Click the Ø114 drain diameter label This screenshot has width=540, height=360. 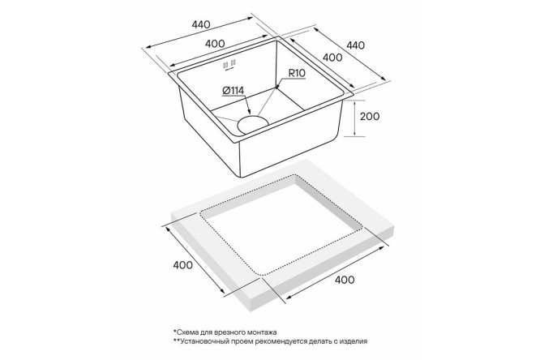click(233, 91)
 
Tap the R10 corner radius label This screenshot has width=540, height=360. click(297, 73)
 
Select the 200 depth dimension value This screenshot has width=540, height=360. click(370, 117)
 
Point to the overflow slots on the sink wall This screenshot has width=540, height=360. click(229, 64)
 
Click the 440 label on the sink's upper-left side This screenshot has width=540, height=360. click(200, 25)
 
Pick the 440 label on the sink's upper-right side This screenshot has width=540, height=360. click(355, 45)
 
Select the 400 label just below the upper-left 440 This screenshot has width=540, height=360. click(215, 44)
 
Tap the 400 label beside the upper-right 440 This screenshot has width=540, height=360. click(332, 58)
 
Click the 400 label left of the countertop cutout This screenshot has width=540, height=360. click(183, 265)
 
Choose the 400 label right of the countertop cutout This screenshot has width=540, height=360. click(345, 280)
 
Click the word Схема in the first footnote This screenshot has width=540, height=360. click(186, 332)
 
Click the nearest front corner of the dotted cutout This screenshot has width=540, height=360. click(262, 275)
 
